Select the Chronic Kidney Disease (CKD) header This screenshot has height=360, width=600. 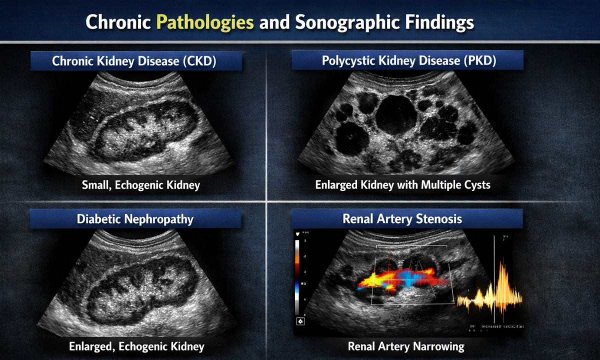coord(135,62)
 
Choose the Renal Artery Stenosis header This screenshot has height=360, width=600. coord(402,219)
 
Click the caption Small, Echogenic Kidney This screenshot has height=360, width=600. coord(141,185)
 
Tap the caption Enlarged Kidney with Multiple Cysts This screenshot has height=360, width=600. coord(402,185)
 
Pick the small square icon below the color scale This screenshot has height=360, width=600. coord(300,321)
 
